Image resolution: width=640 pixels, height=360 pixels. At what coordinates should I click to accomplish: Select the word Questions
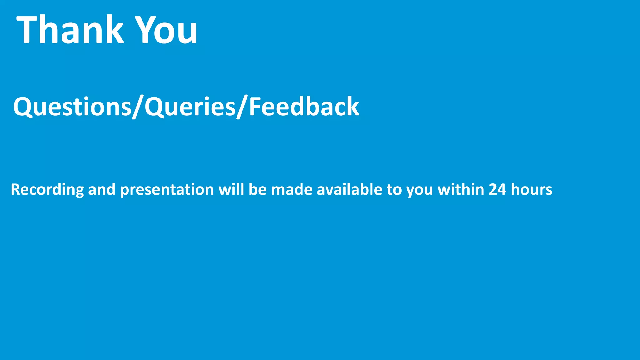[x=72, y=107]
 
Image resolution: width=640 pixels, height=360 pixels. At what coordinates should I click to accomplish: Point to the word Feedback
[x=304, y=107]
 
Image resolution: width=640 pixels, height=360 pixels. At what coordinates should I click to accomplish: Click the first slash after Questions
[x=138, y=107]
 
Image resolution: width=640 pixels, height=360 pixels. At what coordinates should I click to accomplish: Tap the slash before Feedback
[x=242, y=107]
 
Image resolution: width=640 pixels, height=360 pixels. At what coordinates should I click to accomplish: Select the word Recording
[x=47, y=190]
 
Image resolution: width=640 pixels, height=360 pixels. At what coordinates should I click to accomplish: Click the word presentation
[x=167, y=190]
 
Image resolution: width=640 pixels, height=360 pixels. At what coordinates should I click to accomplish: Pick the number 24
[x=497, y=190]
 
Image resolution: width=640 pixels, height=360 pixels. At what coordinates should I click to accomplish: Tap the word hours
[x=531, y=190]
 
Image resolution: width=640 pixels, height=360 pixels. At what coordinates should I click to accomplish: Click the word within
[x=461, y=190]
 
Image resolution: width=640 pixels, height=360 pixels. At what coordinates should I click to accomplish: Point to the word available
[x=349, y=190]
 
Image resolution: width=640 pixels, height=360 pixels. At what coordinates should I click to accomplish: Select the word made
[x=292, y=190]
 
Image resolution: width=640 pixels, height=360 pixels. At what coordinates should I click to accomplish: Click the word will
[x=231, y=190]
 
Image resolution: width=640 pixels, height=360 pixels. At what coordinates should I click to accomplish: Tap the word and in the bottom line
[x=102, y=190]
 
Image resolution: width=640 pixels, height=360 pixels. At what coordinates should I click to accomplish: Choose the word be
[x=257, y=190]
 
